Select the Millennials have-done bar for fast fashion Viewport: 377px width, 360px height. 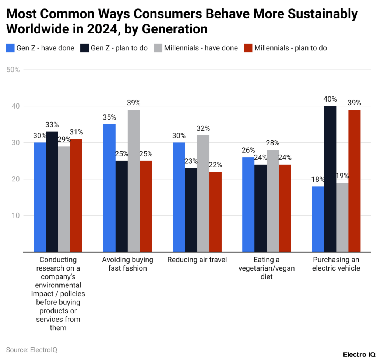(x=134, y=181)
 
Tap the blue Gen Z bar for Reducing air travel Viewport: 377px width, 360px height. (x=179, y=197)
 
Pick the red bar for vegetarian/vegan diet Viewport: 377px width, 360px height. (x=285, y=208)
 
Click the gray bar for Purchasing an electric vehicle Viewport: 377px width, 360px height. (x=342, y=217)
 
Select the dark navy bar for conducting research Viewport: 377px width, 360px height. (x=52, y=191)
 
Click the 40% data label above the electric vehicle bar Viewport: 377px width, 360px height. (x=330, y=99)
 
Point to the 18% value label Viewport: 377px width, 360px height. (x=317, y=179)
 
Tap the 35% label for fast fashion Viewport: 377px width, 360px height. (x=109, y=117)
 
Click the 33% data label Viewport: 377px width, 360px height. (x=52, y=125)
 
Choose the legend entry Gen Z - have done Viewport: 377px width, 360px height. (x=40, y=48)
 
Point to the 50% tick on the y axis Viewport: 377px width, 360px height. (x=13, y=70)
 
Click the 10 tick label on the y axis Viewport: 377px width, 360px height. (x=15, y=215)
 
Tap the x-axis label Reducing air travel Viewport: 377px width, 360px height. (x=197, y=260)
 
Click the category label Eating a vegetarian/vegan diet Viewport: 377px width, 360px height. (x=267, y=268)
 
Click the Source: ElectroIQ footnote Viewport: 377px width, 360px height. (x=32, y=350)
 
